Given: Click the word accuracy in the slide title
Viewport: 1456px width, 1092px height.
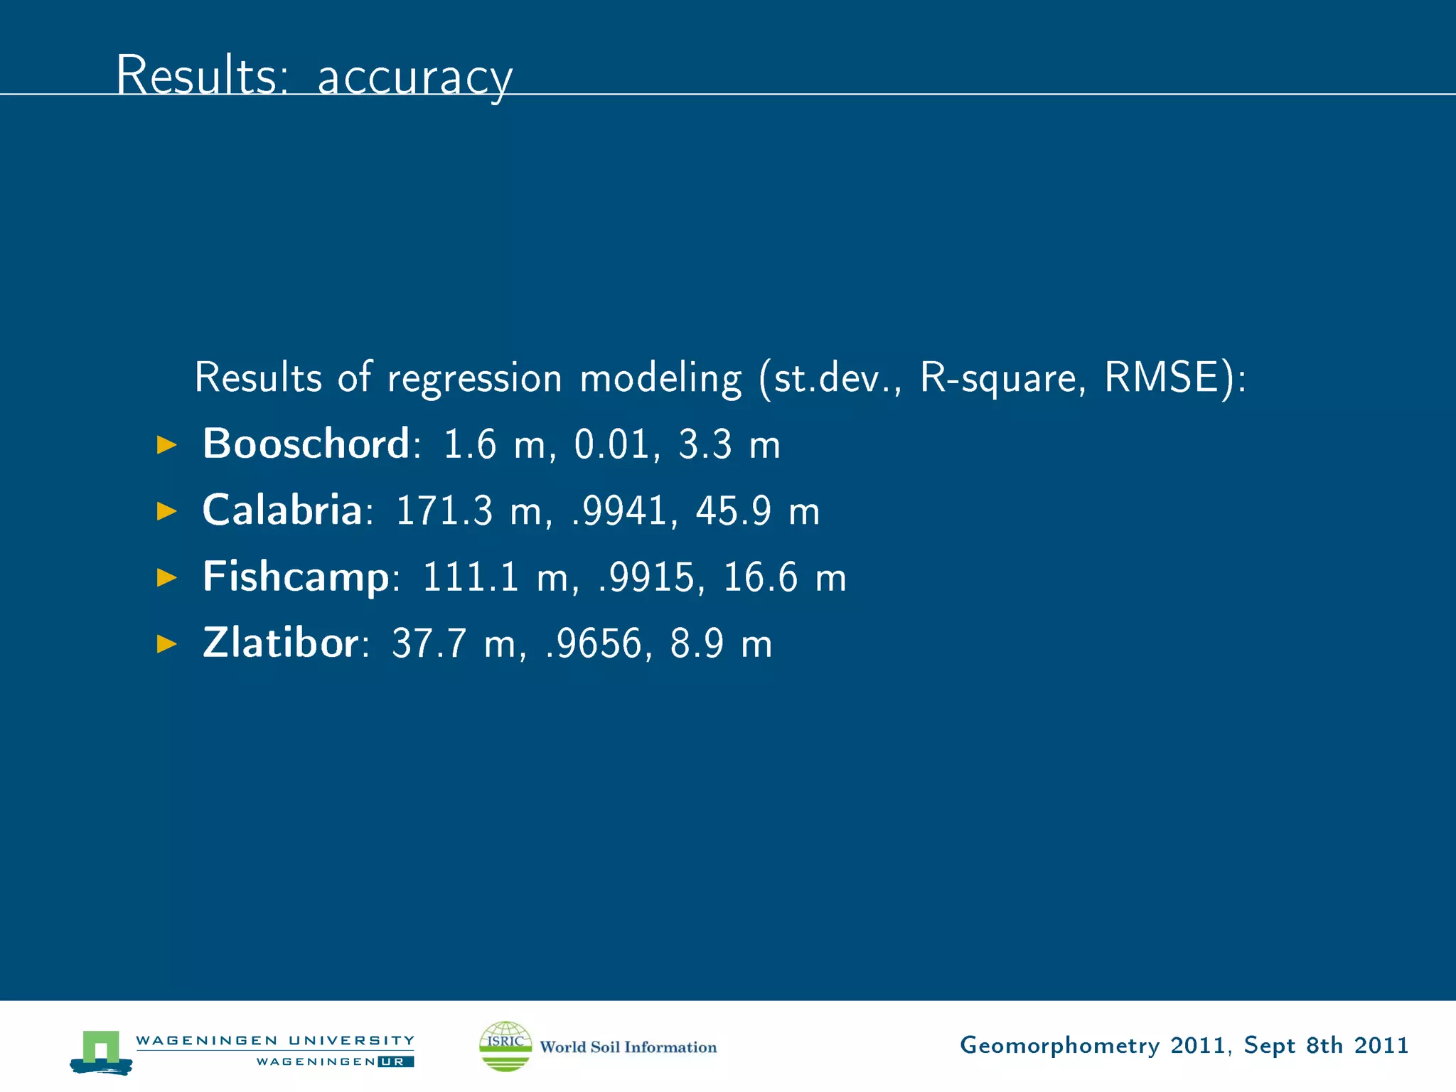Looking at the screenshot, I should point(414,77).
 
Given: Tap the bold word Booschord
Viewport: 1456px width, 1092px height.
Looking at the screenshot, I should point(306,444).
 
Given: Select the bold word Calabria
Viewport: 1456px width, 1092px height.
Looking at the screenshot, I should point(282,510).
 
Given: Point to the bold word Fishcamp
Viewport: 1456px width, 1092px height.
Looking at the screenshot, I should point(296,577).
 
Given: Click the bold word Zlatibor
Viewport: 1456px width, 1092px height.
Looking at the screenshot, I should point(280,643).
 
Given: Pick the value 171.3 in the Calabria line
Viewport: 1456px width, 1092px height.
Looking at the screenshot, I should point(444,510).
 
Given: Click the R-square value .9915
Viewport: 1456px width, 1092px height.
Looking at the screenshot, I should point(646,577).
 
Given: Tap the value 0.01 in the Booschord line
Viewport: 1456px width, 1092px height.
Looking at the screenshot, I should point(612,444).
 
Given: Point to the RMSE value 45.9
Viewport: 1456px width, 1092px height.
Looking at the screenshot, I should point(734,510).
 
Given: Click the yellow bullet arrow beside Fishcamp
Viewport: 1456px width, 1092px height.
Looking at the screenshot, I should point(166,577).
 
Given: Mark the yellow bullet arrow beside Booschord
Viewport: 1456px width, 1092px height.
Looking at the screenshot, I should point(166,445).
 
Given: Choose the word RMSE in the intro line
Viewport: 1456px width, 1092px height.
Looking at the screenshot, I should point(1161,377).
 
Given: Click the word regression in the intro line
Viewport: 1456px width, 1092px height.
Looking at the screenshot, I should point(474,378).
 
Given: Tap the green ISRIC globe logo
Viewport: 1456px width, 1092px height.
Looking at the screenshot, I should point(505,1046).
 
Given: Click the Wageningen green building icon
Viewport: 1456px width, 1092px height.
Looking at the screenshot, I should point(101,1050).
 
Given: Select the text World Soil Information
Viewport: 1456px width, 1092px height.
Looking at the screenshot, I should point(628,1046).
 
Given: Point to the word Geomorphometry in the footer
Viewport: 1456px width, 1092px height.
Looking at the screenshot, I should point(1059,1046).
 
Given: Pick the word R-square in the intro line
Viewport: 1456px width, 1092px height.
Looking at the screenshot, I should point(998,377).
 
